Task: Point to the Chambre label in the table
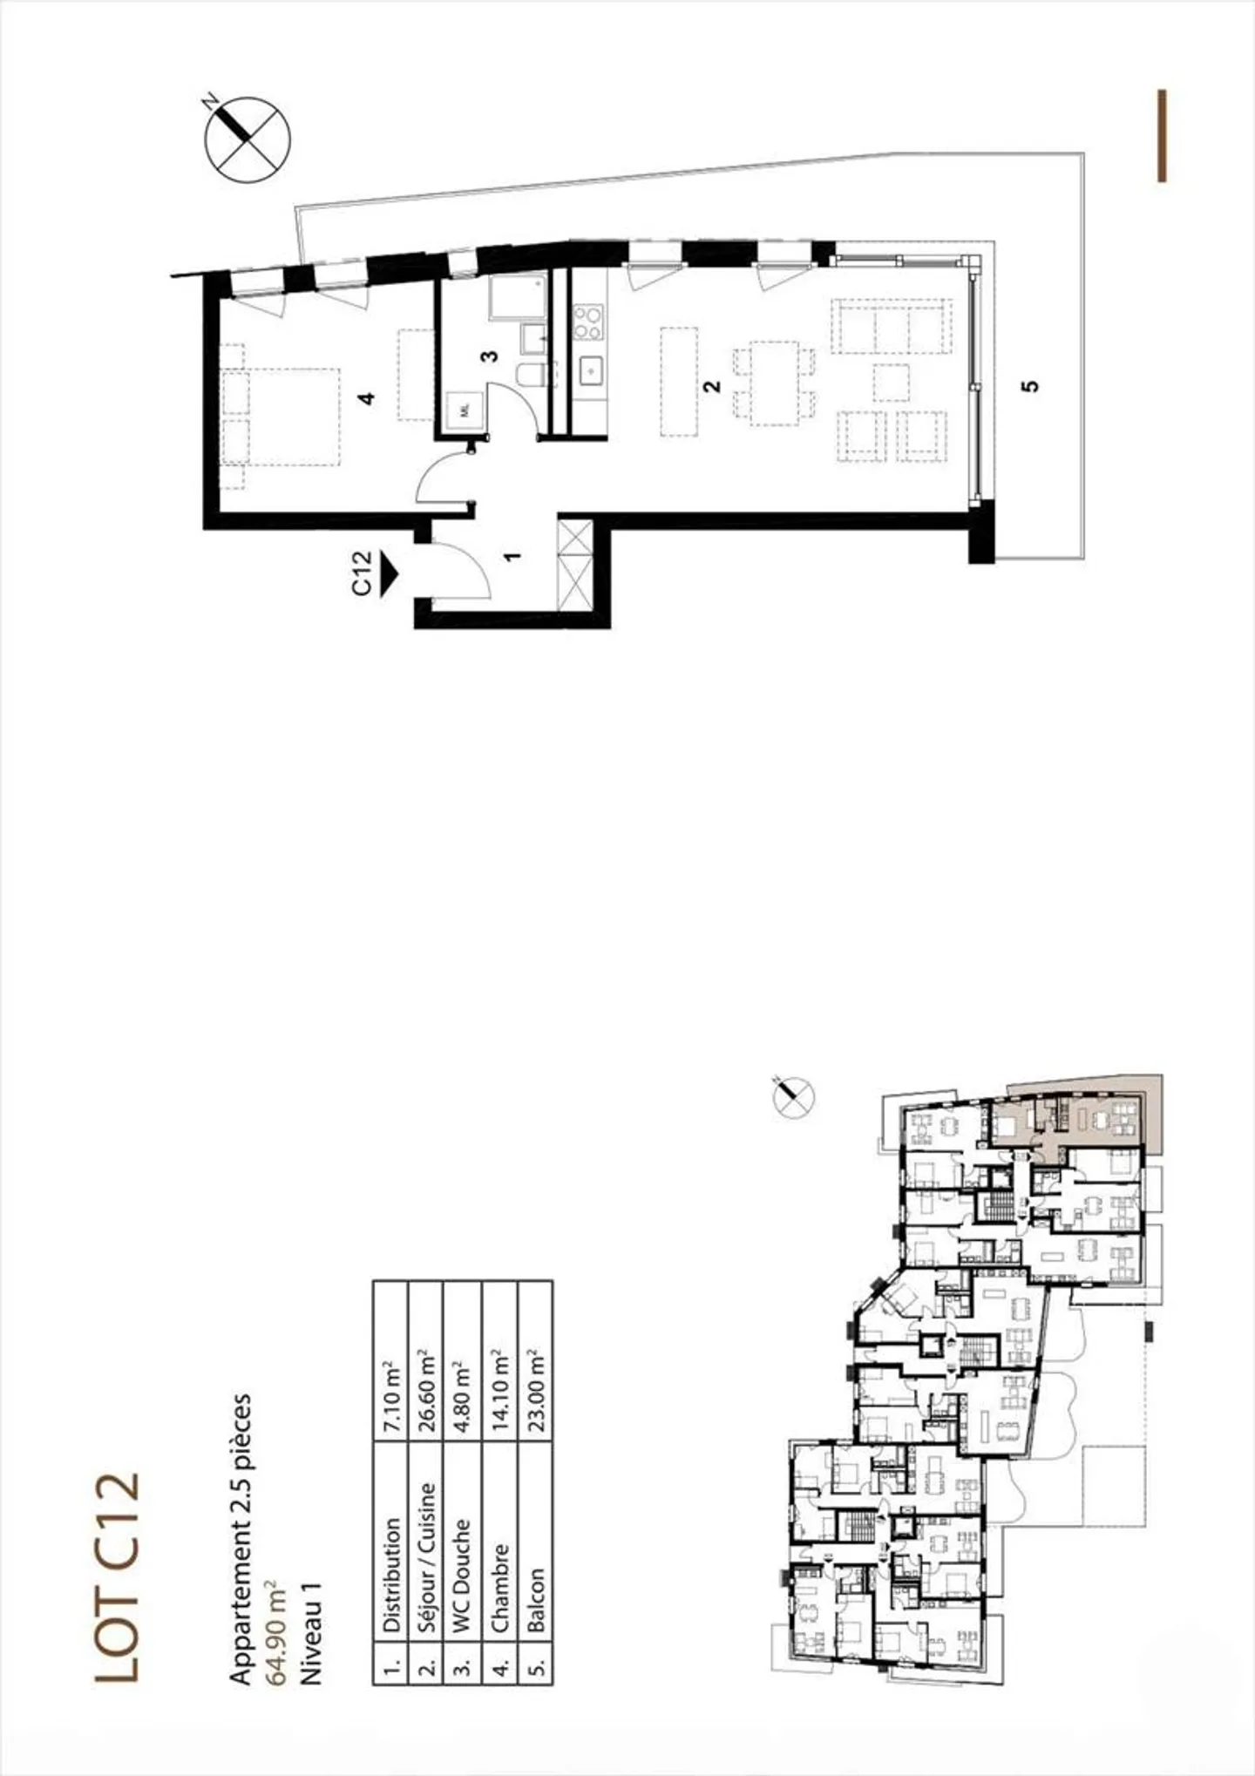pos(499,1539)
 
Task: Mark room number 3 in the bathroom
pos(490,356)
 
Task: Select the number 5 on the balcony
pos(1030,383)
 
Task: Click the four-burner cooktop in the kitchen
pos(587,322)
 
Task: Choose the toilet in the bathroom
pos(530,376)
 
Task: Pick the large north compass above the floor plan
pos(248,139)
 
